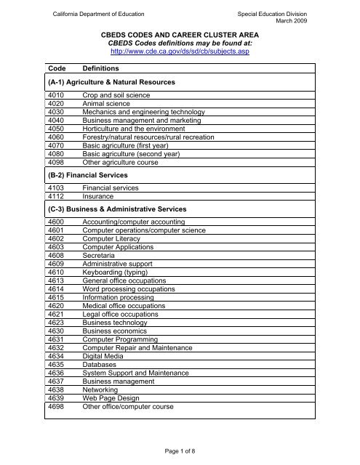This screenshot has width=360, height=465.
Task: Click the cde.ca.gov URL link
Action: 179,52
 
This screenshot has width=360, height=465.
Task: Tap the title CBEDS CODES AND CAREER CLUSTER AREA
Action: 179,33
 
